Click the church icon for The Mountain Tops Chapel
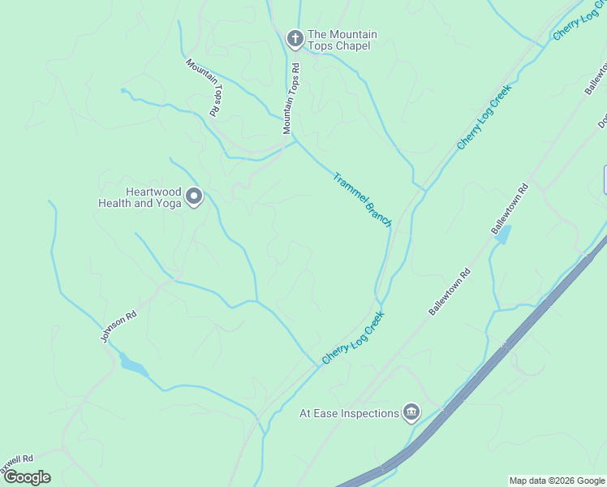click(295, 37)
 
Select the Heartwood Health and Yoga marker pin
click(194, 196)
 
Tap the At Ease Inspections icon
click(411, 413)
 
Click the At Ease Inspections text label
click(349, 413)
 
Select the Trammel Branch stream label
click(363, 199)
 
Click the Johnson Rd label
click(117, 325)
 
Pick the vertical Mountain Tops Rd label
click(291, 99)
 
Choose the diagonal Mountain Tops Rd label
click(204, 87)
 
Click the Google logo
click(27, 477)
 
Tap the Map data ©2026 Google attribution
click(557, 481)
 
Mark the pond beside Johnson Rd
click(134, 366)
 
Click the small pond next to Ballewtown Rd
click(503, 235)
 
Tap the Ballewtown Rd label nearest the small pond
click(510, 209)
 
